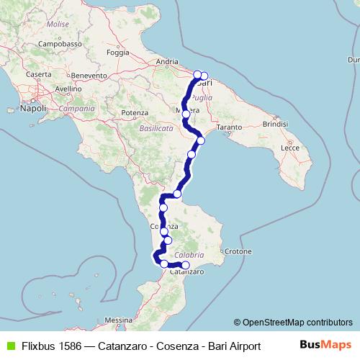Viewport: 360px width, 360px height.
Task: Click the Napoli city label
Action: (x=33, y=109)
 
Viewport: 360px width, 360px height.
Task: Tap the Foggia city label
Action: (x=117, y=53)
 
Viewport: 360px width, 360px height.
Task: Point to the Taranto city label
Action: (x=229, y=127)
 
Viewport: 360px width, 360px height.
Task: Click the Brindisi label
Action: (x=274, y=124)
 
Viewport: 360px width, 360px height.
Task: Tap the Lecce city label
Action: (x=290, y=146)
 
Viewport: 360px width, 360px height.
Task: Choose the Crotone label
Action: (x=237, y=252)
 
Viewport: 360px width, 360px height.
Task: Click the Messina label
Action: (x=118, y=319)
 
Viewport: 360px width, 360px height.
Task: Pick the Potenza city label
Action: (x=135, y=113)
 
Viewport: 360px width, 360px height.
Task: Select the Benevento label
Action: (x=89, y=75)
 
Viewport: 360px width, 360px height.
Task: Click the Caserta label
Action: (x=38, y=74)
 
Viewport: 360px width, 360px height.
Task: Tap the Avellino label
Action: (x=68, y=89)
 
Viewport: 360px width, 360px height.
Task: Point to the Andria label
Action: (x=167, y=62)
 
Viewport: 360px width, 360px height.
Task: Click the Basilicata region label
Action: (x=156, y=127)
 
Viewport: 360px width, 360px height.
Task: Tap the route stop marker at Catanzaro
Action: (x=186, y=266)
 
